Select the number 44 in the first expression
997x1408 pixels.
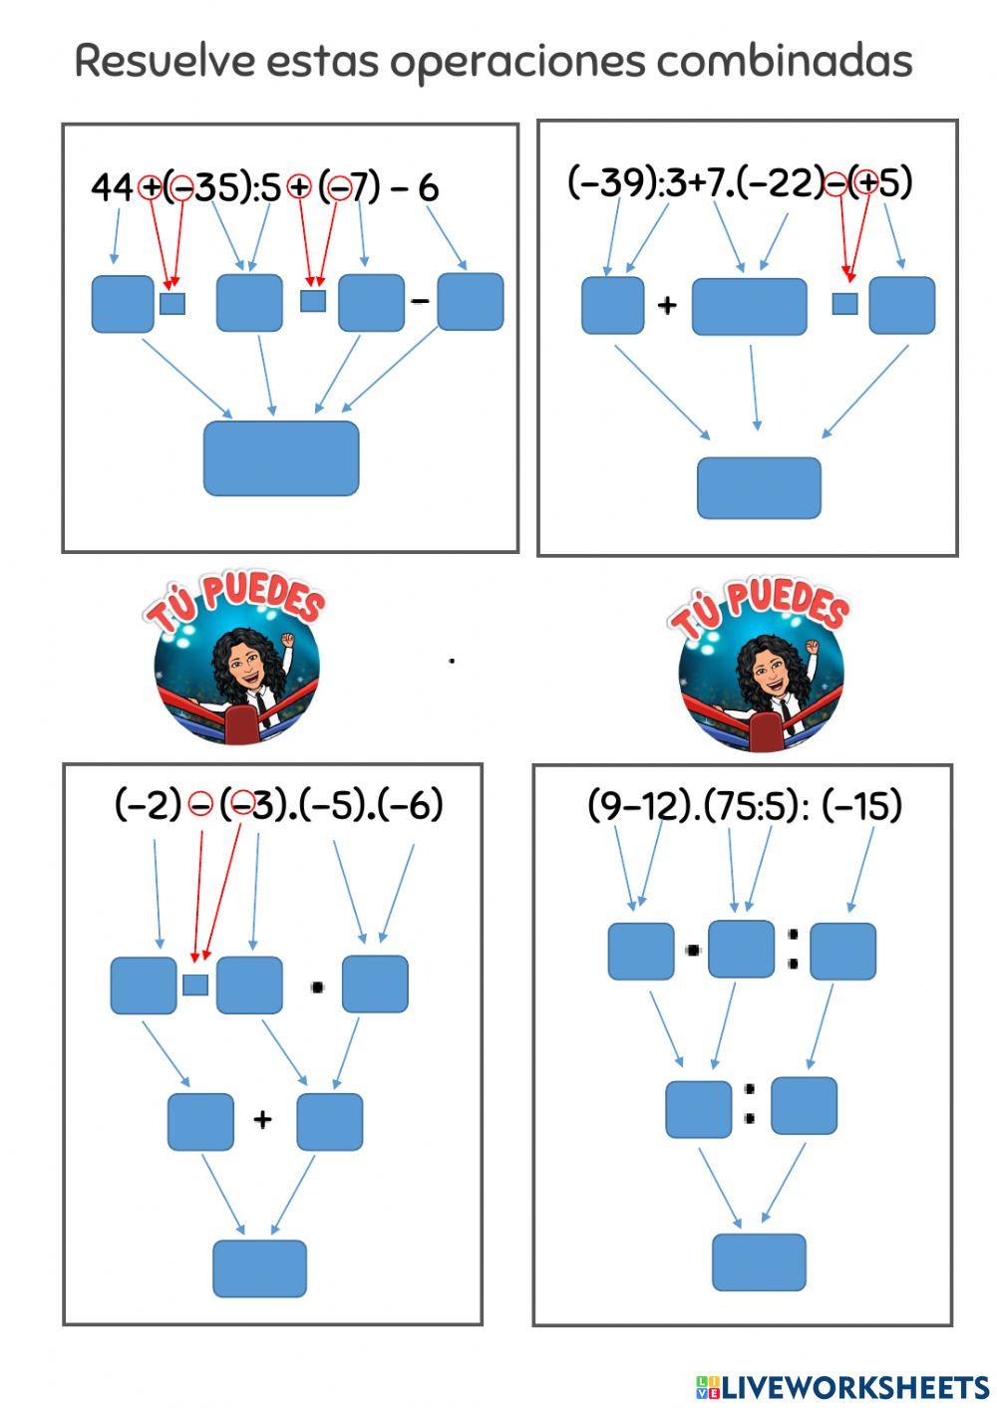click(112, 186)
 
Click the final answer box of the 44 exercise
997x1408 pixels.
click(281, 458)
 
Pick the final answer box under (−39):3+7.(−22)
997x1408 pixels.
click(759, 488)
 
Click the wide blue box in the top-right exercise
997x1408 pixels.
click(749, 306)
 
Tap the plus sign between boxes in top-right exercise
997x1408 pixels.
click(667, 304)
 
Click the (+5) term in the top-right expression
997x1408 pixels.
click(883, 181)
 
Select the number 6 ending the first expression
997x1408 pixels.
click(429, 186)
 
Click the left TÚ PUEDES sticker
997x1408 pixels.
click(237, 663)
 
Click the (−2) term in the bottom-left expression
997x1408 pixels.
click(148, 803)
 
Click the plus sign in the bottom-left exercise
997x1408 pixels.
click(262, 1120)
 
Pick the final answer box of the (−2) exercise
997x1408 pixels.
click(259, 1267)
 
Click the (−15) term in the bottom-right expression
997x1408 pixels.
click(862, 804)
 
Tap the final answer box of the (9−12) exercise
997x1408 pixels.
click(759, 1262)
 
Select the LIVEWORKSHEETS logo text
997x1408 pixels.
click(842, 1386)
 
